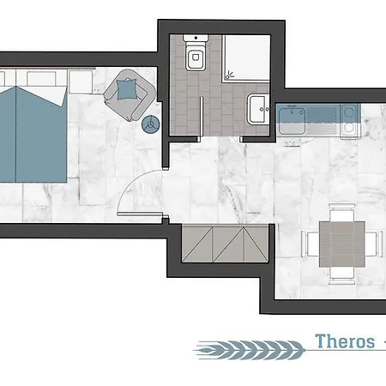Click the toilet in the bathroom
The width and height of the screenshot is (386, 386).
(x=194, y=57)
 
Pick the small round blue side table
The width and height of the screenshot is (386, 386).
(x=149, y=124)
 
